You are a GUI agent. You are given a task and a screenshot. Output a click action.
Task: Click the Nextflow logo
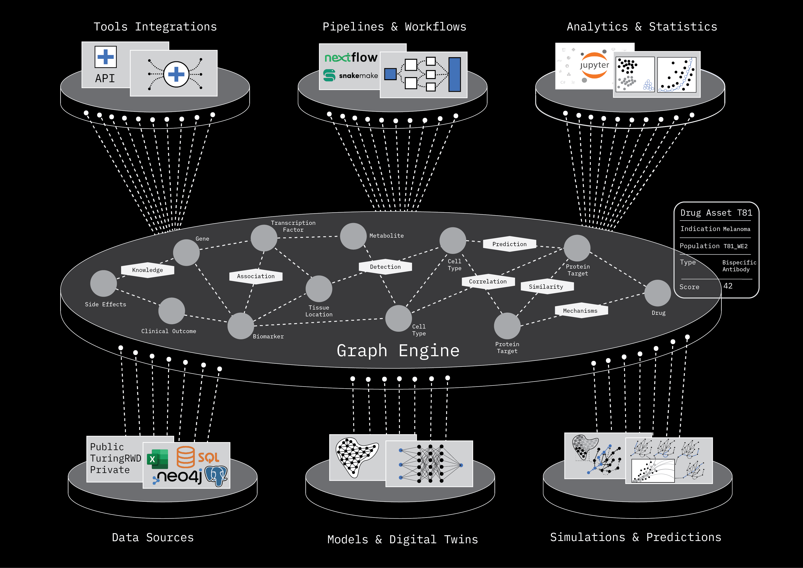351,57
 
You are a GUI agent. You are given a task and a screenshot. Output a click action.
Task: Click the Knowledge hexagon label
148,270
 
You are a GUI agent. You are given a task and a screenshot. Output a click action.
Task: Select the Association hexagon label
256,276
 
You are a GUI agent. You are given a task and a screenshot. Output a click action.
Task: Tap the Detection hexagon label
385,267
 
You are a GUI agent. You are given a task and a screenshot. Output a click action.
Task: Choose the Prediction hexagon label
509,244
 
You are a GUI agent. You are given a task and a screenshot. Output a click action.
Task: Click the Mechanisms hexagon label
581,311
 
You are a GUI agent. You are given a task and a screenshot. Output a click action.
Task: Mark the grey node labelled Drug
657,293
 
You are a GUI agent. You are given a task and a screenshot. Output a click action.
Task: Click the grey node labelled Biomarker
241,326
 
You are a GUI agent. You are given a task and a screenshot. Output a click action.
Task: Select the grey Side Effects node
103,283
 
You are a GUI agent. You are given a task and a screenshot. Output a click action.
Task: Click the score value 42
728,286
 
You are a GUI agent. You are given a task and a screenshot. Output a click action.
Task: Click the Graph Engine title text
398,351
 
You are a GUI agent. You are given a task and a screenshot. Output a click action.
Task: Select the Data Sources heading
153,538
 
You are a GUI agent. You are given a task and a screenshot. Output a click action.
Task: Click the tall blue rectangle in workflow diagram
454,74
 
